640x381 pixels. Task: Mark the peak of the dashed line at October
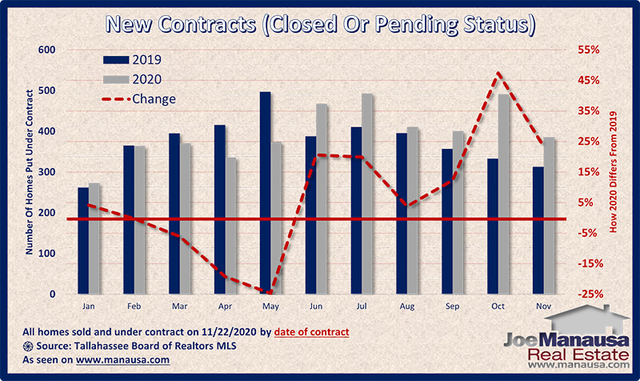[498, 73]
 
